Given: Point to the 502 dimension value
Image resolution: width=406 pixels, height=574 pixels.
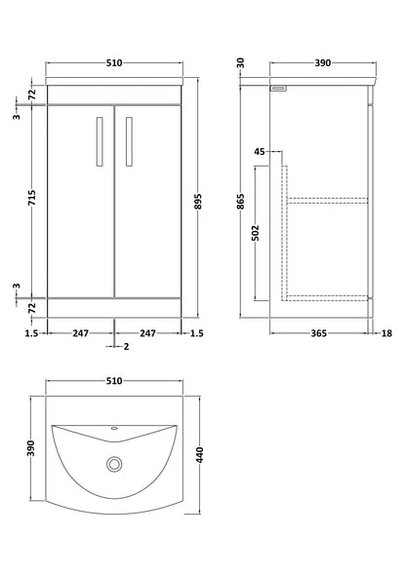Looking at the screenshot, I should (x=255, y=234).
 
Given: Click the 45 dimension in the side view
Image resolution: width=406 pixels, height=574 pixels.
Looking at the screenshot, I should (x=259, y=152).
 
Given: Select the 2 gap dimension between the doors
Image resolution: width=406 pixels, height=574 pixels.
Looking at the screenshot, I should (x=126, y=346).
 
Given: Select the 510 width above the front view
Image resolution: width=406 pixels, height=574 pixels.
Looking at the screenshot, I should (x=114, y=64).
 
